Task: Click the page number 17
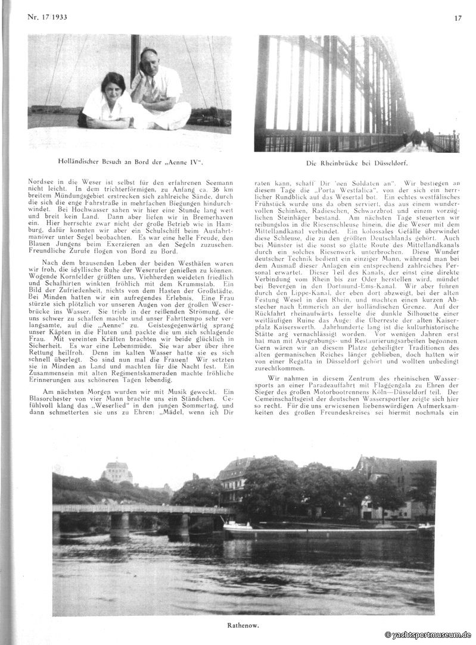coord(458,18)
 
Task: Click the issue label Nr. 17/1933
coord(47,16)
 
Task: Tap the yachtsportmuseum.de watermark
coord(428,635)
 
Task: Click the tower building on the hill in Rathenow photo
coord(117,471)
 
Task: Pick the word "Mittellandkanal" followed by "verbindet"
coord(284,244)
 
